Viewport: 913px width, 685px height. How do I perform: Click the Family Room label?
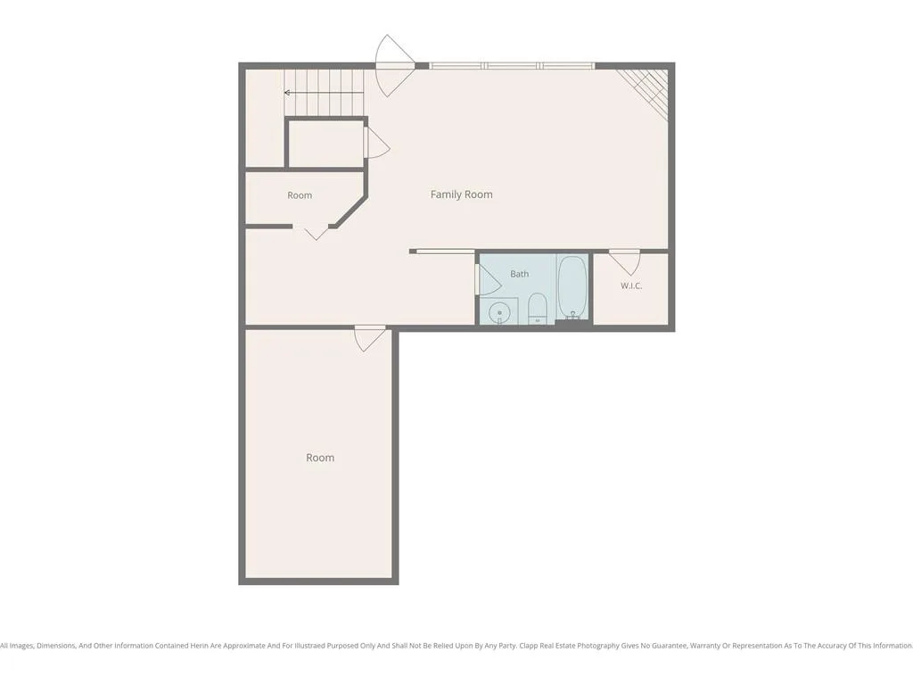[x=461, y=194]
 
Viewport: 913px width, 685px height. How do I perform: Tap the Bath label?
[x=520, y=274]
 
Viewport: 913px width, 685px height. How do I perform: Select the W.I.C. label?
[x=631, y=285]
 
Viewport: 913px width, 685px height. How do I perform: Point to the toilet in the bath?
[x=538, y=309]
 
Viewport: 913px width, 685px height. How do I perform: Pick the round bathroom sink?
[x=499, y=313]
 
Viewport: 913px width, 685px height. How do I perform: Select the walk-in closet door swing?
[x=625, y=262]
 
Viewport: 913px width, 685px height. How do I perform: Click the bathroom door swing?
[x=488, y=279]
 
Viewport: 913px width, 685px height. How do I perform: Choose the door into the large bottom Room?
[x=370, y=338]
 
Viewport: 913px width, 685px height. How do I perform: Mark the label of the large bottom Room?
[x=320, y=458]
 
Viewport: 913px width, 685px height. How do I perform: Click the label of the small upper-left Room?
[x=300, y=195]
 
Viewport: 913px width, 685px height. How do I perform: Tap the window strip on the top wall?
[x=513, y=66]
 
